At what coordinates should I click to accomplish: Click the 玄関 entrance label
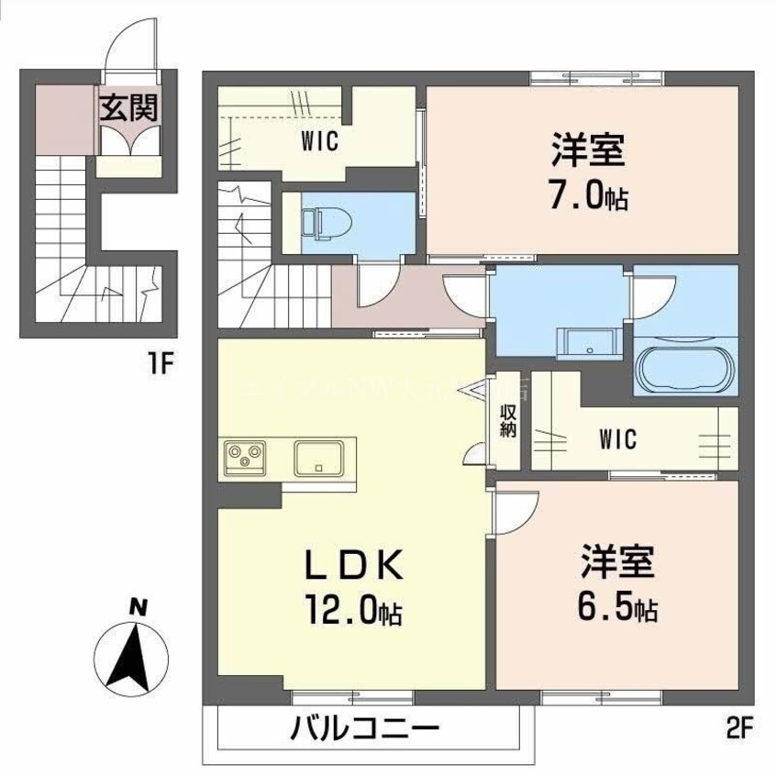[x=128, y=107]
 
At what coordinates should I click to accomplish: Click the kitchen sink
[x=318, y=457]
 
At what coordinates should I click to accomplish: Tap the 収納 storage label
[x=507, y=422]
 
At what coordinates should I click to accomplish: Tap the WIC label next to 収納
[x=618, y=438]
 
